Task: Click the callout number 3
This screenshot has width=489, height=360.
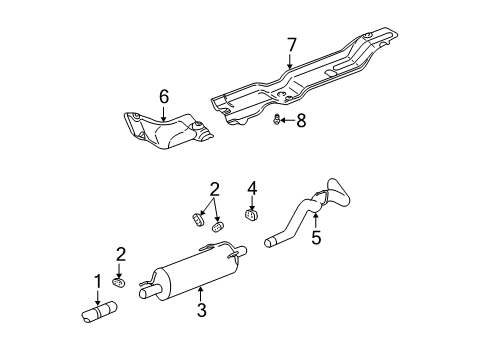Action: [201, 311]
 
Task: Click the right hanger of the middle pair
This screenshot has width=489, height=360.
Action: [218, 225]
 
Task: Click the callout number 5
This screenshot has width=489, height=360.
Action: [316, 237]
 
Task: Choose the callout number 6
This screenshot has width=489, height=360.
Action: [163, 96]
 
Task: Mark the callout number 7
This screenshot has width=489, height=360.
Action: [291, 45]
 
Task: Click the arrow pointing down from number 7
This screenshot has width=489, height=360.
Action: [291, 62]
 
